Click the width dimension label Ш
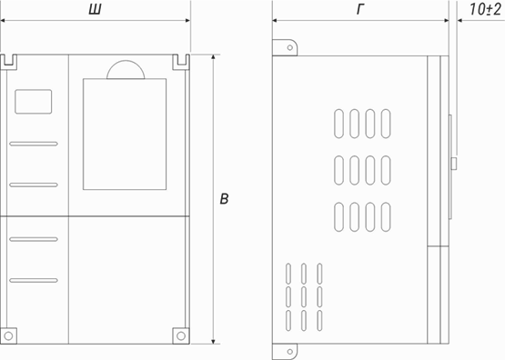pos(93,10)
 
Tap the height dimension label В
pos(224,198)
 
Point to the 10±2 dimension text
pos(483,10)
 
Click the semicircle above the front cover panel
pos(126,69)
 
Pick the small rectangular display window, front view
pos(34,101)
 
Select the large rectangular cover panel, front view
pos(126,135)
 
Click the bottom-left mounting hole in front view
pos(8,335)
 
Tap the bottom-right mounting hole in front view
pos(181,335)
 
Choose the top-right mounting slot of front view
pos(180,62)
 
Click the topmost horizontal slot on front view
pos(34,144)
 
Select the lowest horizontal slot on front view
pos(34,279)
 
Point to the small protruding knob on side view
pos(453,164)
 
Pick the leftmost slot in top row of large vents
pos(338,125)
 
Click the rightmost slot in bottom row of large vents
pos(385,216)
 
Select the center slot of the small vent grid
pos(303,296)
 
